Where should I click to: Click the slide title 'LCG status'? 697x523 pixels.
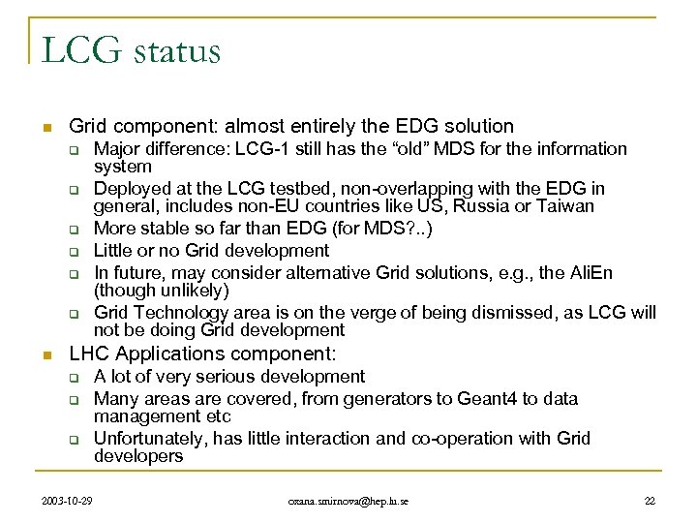[131, 50]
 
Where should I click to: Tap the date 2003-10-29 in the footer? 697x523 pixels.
[69, 499]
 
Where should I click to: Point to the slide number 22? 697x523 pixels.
[649, 499]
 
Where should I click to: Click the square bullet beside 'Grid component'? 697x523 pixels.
[45, 127]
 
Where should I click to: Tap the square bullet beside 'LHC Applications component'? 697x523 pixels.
[45, 354]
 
